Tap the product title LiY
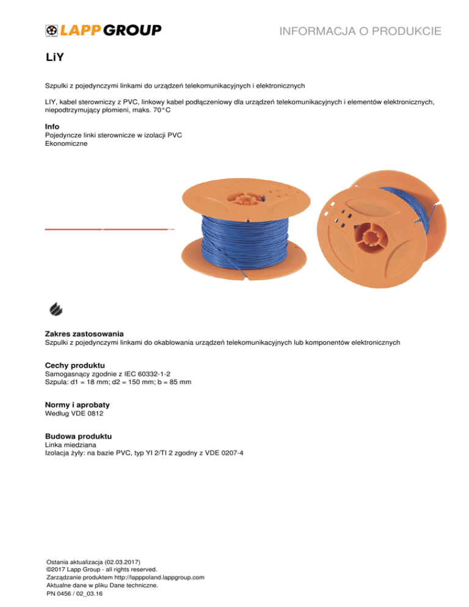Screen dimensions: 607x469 coord(55,59)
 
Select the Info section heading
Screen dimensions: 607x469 coord(53,126)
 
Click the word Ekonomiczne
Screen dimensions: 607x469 coord(67,144)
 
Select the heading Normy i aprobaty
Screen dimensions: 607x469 coord(78,405)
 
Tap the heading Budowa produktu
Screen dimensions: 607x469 coord(78,436)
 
